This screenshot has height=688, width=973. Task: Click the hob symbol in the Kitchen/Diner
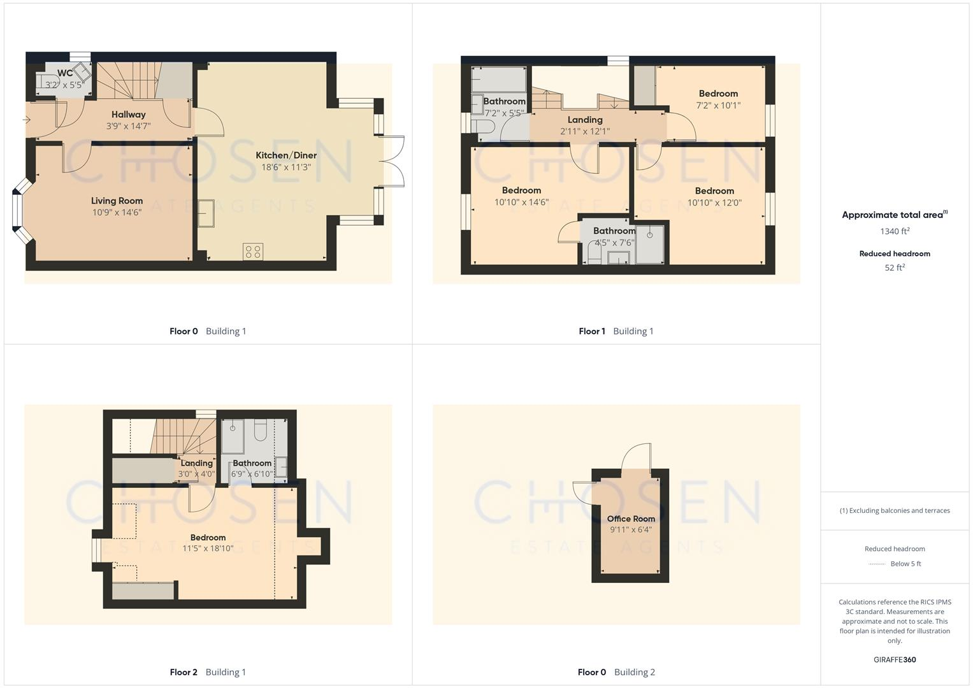[x=253, y=252]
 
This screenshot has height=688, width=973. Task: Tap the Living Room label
[x=117, y=201]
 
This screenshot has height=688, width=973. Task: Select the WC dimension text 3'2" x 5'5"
[x=64, y=85]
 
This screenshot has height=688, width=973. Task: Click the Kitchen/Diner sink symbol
[x=206, y=213]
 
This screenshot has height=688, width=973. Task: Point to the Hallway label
[x=129, y=115]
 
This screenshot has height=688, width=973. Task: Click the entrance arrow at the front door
[x=27, y=120]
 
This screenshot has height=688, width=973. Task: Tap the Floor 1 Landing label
[x=585, y=120]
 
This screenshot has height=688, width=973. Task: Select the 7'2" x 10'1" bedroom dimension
[x=718, y=106]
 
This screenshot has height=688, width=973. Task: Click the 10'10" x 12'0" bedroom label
[x=714, y=191]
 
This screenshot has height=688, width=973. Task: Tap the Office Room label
[x=631, y=519]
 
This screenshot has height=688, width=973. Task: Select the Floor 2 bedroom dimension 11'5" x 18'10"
[x=208, y=548]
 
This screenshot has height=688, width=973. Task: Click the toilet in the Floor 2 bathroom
[x=260, y=431]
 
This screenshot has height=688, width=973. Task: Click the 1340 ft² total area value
[x=895, y=231]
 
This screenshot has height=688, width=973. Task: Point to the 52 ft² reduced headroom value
[x=895, y=268]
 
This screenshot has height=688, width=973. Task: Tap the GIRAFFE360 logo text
[x=895, y=659]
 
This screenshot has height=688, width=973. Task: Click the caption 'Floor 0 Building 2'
[x=616, y=672]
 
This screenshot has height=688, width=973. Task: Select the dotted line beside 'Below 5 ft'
[x=877, y=564]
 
